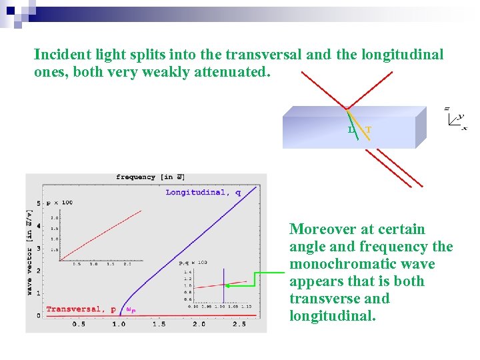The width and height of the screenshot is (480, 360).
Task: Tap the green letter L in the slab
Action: [351, 129]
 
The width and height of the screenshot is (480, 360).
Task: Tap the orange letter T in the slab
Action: [369, 129]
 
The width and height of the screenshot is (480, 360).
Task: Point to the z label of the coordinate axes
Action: [447, 108]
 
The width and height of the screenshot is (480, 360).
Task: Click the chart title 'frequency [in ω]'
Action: [149, 177]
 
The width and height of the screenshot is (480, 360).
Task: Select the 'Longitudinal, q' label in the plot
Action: [203, 193]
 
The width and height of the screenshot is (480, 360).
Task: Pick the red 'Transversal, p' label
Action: [81, 309]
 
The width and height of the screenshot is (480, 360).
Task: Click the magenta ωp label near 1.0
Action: [131, 310]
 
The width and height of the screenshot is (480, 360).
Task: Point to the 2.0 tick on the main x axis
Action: [199, 324]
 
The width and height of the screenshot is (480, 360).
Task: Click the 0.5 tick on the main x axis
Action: [79, 324]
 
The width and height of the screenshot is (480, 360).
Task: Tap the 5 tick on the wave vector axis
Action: [39, 202]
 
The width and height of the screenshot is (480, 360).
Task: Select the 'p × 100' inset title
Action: [59, 202]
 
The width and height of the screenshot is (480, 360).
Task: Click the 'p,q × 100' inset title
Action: [193, 263]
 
